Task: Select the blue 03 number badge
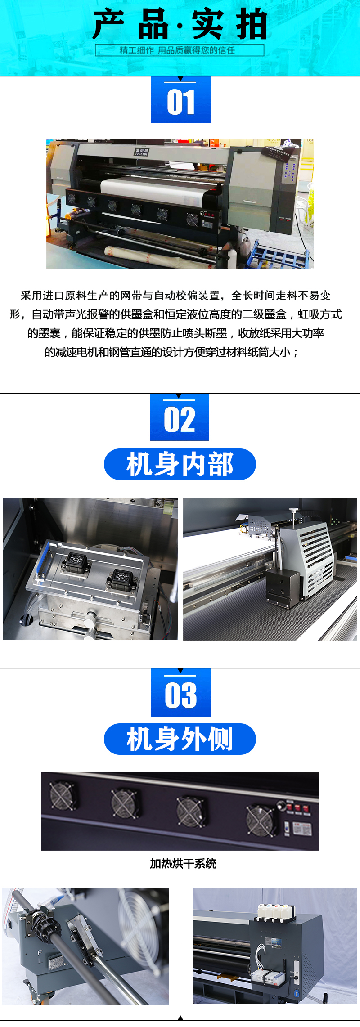point(180,692)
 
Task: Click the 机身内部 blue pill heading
point(180,464)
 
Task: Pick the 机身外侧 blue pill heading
point(180,739)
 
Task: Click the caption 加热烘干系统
point(183,863)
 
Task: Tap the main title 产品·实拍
point(180,25)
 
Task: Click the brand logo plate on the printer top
point(141,152)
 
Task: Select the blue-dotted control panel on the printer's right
point(289,171)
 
